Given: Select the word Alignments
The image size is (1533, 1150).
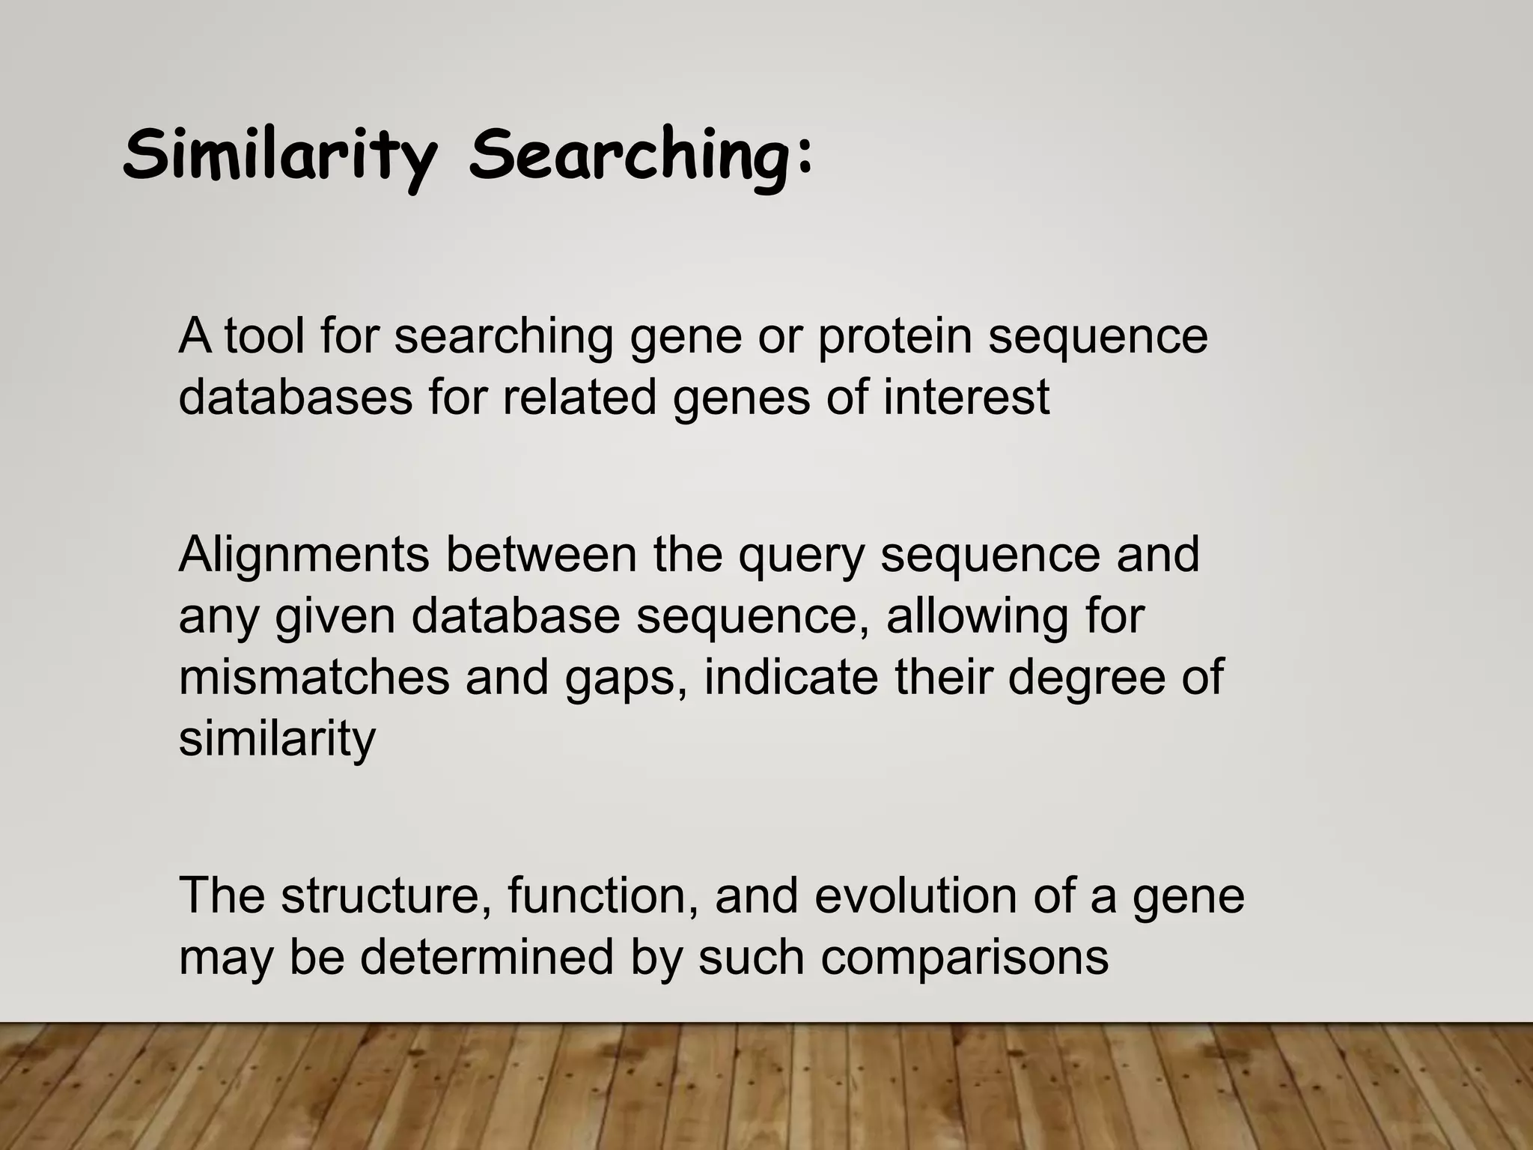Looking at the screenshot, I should tap(304, 555).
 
